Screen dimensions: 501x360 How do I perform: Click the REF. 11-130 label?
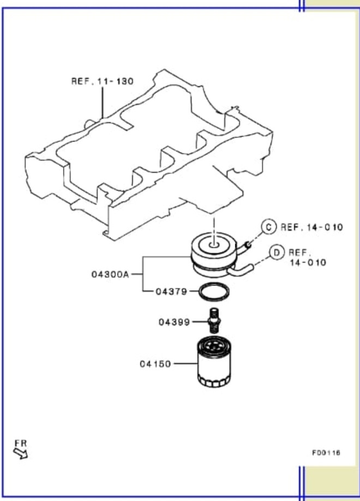pyautogui.click(x=102, y=81)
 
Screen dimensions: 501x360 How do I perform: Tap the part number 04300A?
pyautogui.click(x=110, y=274)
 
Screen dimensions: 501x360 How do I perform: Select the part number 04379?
pyautogui.click(x=171, y=292)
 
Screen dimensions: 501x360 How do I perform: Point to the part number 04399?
pyautogui.click(x=174, y=322)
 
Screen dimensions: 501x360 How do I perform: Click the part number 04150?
pyautogui.click(x=155, y=363)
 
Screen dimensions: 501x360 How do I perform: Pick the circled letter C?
pyautogui.click(x=268, y=227)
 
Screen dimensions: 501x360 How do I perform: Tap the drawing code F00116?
pyautogui.click(x=326, y=452)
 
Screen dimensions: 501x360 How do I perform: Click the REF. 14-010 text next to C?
pyautogui.click(x=311, y=227)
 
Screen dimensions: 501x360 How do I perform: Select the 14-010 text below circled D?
pyautogui.click(x=308, y=262)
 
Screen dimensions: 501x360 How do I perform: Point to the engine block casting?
pyautogui.click(x=150, y=153)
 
